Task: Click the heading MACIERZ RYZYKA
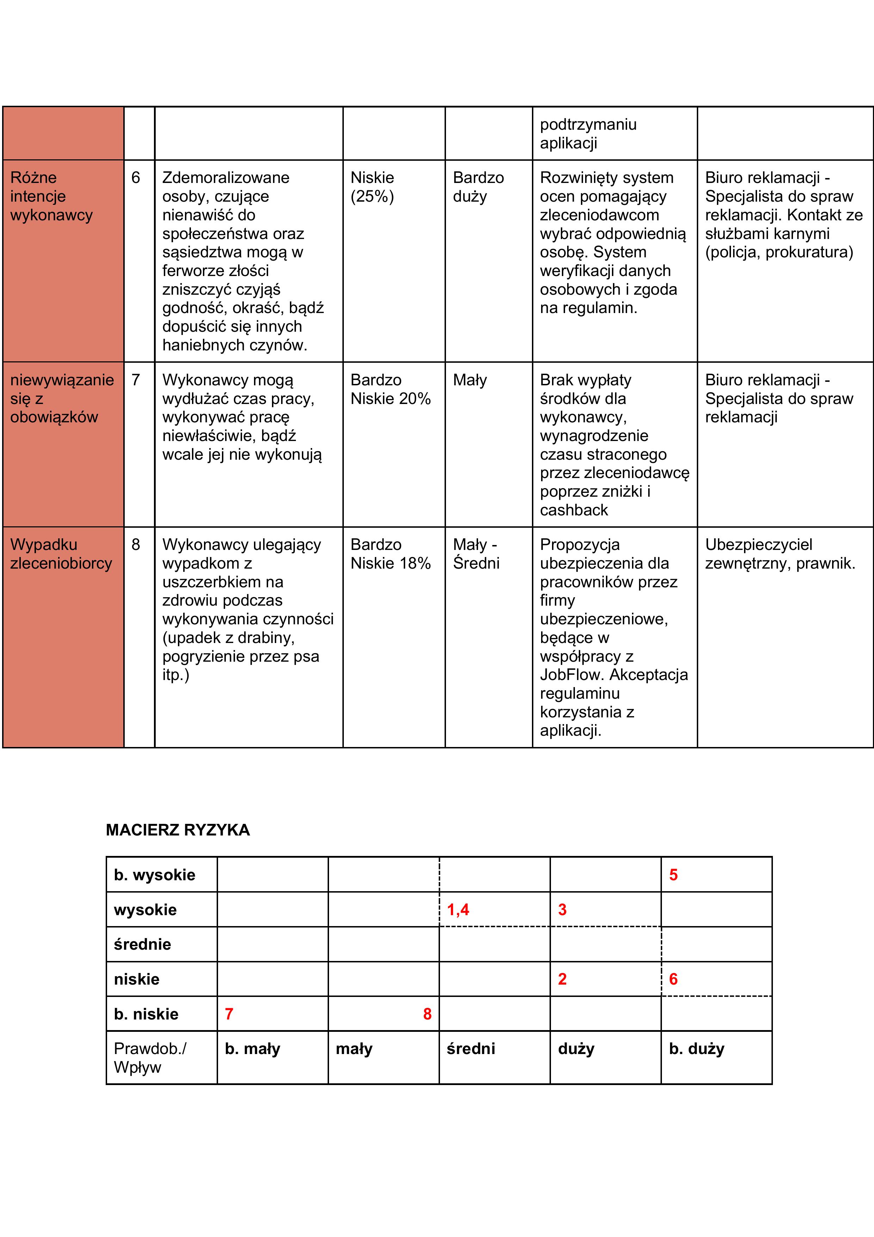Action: (x=178, y=830)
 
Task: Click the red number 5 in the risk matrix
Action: (x=673, y=875)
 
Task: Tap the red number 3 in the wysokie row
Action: (x=562, y=910)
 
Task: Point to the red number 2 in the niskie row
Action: (x=562, y=979)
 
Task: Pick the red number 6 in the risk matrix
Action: (x=673, y=979)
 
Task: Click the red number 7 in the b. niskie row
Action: (x=229, y=1014)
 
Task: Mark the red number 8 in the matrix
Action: (x=427, y=1014)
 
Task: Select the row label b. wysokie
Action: (x=155, y=875)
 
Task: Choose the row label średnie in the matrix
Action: (x=143, y=944)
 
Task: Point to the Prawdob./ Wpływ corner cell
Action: (x=150, y=1058)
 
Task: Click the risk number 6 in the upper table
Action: (x=136, y=178)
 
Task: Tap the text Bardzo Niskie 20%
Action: (x=390, y=389)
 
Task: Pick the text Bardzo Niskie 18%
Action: (x=390, y=554)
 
